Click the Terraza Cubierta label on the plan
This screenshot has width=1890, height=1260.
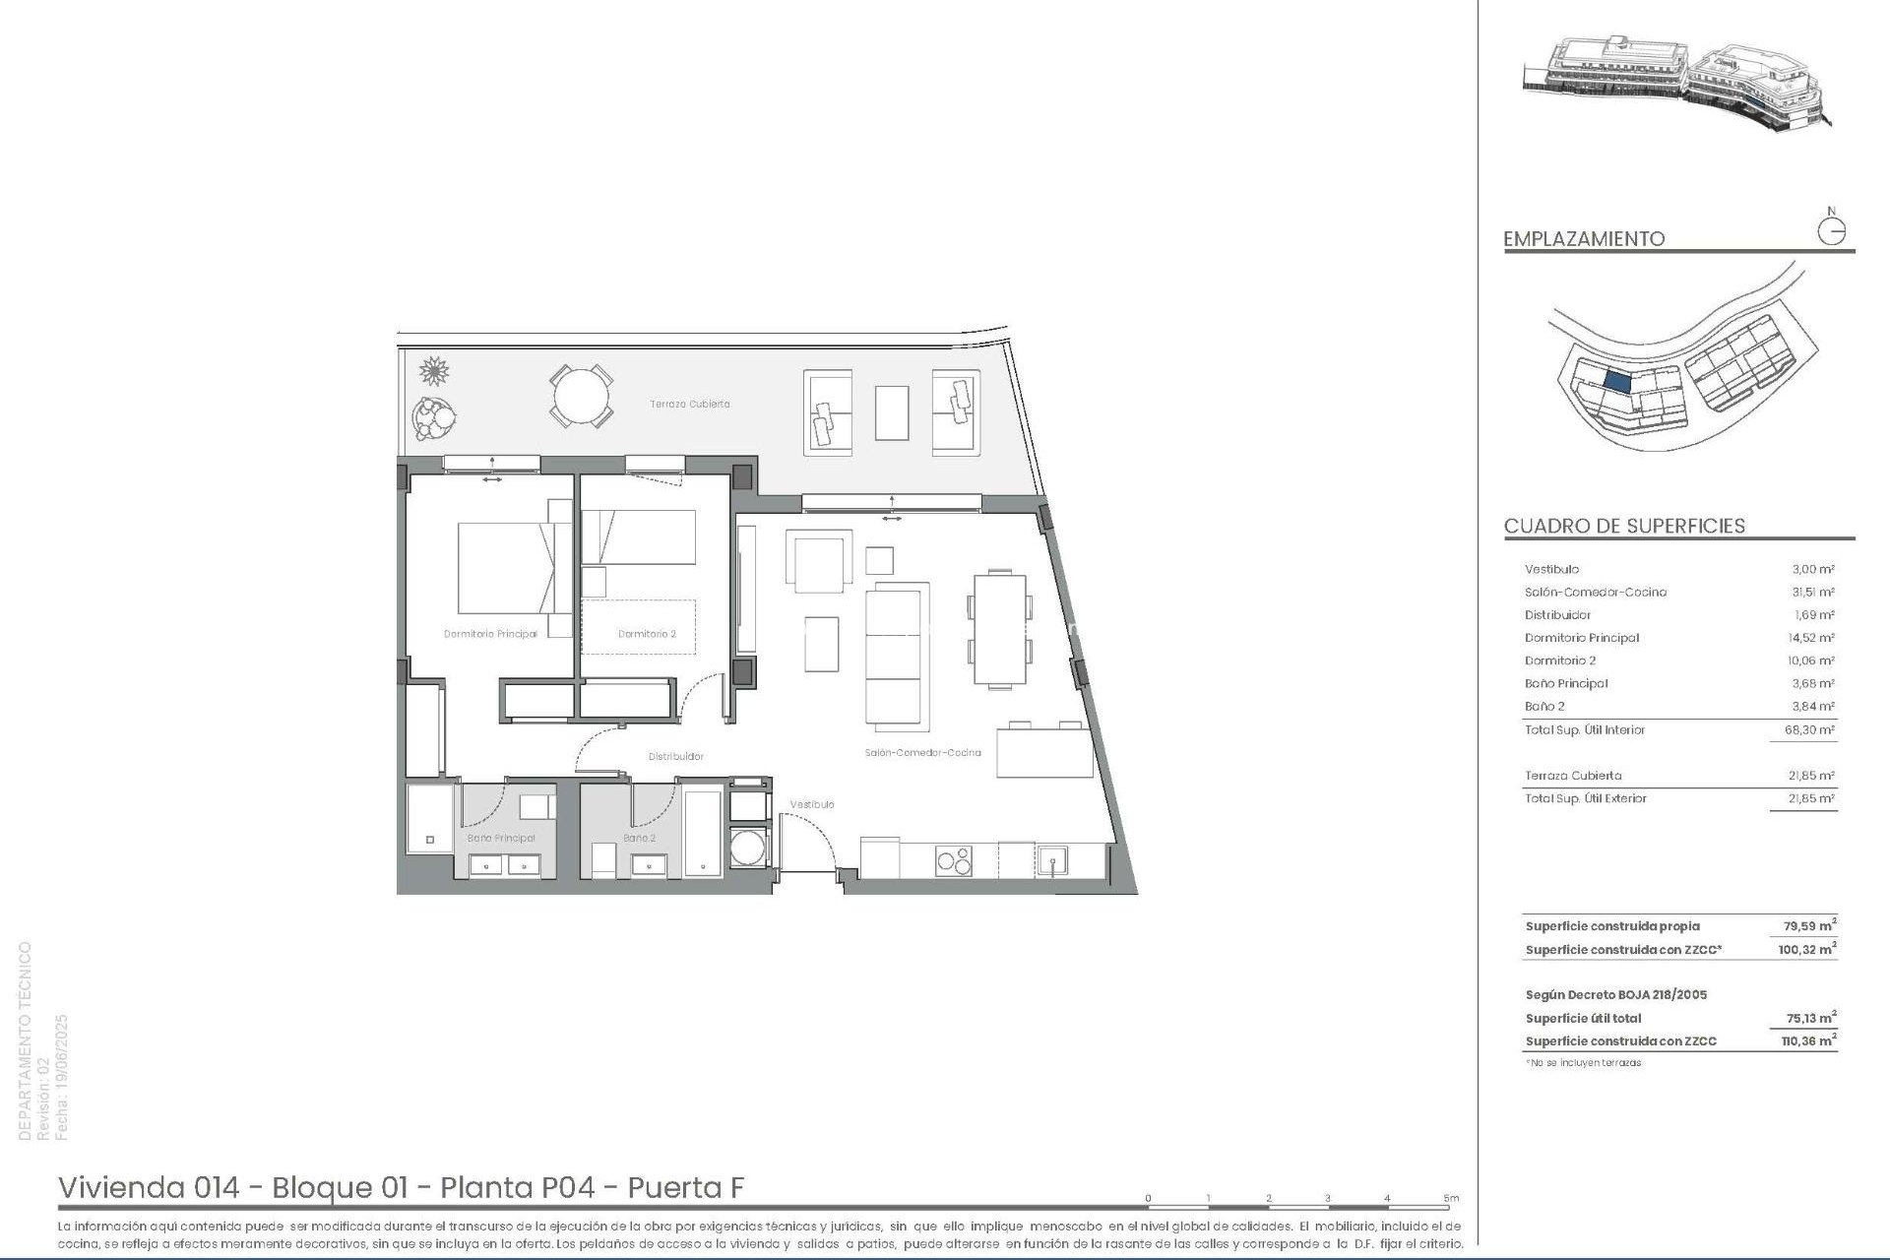point(689,404)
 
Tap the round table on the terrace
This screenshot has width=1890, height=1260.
point(581,397)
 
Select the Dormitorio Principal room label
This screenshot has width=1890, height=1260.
point(490,634)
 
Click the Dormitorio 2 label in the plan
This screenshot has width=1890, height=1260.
point(647,634)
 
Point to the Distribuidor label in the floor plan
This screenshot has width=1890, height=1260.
point(675,756)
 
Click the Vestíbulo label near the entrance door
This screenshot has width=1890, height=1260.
point(812,804)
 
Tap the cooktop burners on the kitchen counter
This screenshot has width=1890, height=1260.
point(953,859)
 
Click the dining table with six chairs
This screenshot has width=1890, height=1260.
point(999,629)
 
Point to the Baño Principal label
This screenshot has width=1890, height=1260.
point(501,838)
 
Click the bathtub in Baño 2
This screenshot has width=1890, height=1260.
point(703,832)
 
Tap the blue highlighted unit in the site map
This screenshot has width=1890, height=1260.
point(1617,382)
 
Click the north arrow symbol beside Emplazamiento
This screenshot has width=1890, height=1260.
point(1831,231)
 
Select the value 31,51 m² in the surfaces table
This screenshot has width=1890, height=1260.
point(1812,592)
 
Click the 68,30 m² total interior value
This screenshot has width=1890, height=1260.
point(1812,729)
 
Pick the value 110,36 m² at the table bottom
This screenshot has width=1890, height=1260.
point(1808,1040)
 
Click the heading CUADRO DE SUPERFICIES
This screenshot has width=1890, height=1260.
point(1624,526)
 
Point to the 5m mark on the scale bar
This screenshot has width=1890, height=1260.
point(1451,1198)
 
